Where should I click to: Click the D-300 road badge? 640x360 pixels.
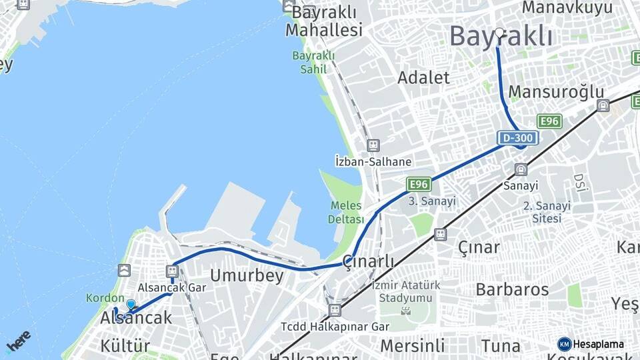pos(517,138)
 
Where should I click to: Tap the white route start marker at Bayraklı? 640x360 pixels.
pos(499,31)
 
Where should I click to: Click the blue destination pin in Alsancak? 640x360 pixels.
pos(131,305)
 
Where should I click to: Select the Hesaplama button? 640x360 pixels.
pos(591,344)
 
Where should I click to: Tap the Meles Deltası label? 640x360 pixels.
pos(346,213)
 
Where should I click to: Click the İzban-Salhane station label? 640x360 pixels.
pos(373,161)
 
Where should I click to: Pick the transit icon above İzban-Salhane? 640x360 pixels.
pos(373,145)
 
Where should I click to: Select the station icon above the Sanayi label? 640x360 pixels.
pos(521,169)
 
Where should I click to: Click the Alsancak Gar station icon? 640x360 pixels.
pos(173,271)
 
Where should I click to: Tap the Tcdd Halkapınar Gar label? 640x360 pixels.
pos(335,327)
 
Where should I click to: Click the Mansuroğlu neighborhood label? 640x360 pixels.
pos(556,92)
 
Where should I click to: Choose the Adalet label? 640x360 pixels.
pos(424,77)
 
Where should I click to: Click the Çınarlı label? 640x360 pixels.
pos(369,261)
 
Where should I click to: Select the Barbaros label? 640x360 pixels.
pos(512,289)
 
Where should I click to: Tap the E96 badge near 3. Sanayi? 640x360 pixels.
pos(418,184)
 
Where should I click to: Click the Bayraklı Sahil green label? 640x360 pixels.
pos(313,61)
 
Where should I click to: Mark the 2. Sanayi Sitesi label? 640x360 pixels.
pos(547,211)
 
